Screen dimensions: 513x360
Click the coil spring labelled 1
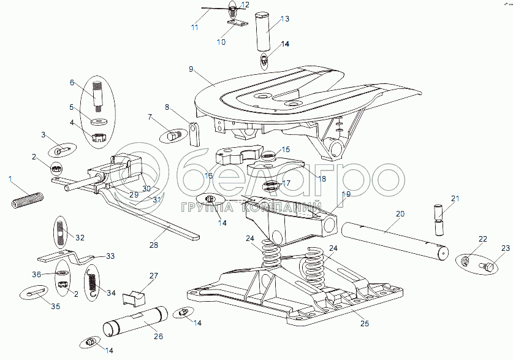(x=28, y=200)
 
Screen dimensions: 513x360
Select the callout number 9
(x=191, y=69)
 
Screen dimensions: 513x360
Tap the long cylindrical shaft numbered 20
(x=395, y=241)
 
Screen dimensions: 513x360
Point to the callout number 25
(x=365, y=323)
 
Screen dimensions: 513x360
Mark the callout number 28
(x=153, y=245)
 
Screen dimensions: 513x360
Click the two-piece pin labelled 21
(x=439, y=220)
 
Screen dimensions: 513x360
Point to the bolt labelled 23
(x=487, y=266)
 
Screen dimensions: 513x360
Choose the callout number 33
(x=110, y=256)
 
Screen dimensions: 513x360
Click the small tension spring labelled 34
(x=92, y=281)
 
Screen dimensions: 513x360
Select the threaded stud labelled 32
(x=61, y=232)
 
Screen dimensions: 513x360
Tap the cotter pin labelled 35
(x=35, y=293)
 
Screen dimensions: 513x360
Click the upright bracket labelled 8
(x=195, y=134)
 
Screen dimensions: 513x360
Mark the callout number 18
(x=322, y=178)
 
